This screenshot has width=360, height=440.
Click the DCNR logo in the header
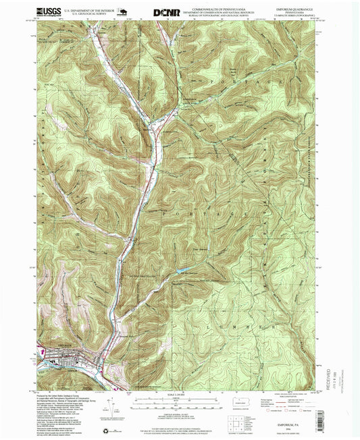(x=167, y=11)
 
